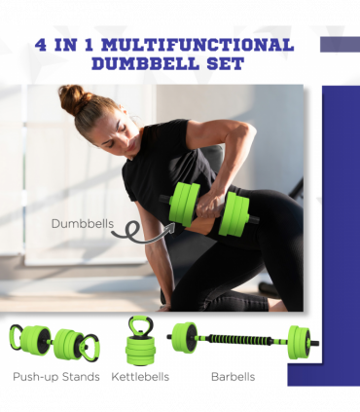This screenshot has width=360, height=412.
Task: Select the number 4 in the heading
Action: click(41, 46)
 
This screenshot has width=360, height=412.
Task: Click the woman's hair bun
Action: click(71, 97)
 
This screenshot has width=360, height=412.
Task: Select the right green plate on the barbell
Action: click(297, 343)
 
